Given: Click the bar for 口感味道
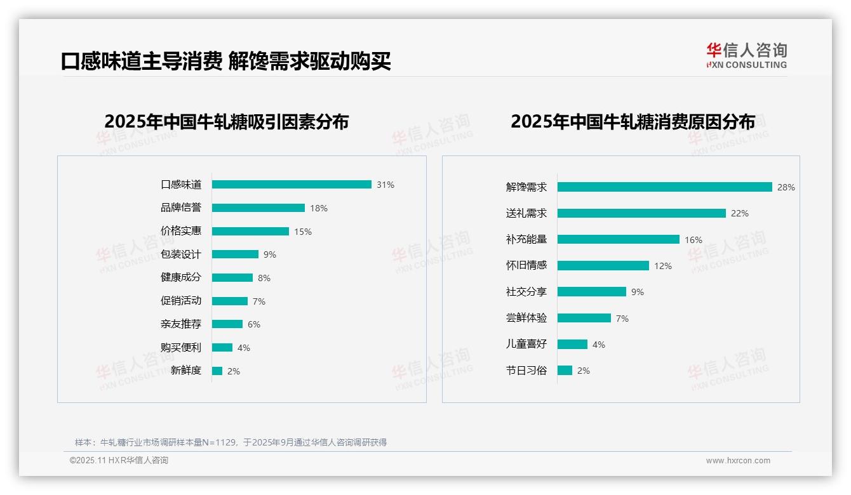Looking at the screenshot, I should [x=291, y=185].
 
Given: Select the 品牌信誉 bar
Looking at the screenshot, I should [x=258, y=208].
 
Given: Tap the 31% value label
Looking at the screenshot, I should [x=385, y=185].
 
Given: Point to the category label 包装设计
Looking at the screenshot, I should [x=181, y=254].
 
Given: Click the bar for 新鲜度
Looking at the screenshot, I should [x=217, y=371].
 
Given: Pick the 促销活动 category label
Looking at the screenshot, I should [x=181, y=301].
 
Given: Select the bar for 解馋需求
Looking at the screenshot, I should [x=664, y=187].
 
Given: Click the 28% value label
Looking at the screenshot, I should [x=786, y=187].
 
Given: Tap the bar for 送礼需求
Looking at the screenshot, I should [x=641, y=213].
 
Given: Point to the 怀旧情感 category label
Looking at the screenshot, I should [x=526, y=266].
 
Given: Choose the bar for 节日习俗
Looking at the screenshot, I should [x=565, y=371].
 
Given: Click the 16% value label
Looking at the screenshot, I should [x=694, y=240].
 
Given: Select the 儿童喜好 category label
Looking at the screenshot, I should [x=526, y=345].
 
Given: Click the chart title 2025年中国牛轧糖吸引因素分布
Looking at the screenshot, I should [x=227, y=122].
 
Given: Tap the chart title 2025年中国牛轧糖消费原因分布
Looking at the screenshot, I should [x=633, y=122].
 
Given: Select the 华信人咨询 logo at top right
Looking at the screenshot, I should [x=746, y=56].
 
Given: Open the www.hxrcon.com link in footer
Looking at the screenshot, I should [x=738, y=461].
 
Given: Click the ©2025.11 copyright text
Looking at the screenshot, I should [x=119, y=461].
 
